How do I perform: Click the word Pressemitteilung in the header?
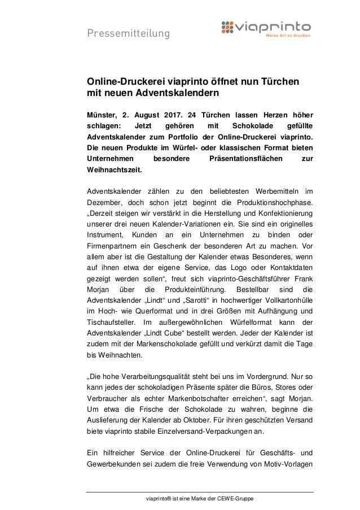[128, 34]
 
